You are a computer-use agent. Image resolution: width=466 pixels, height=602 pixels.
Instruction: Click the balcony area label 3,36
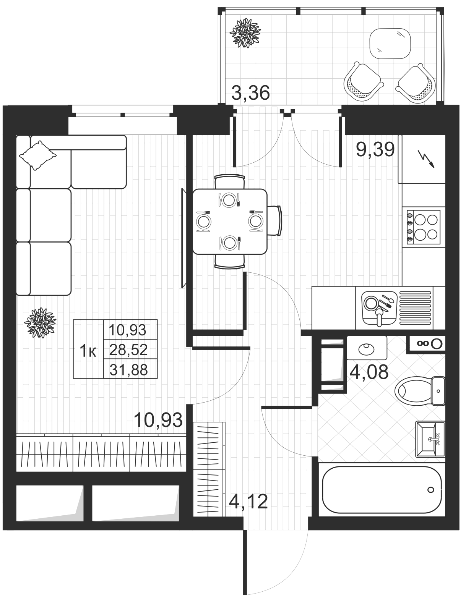(x=250, y=93)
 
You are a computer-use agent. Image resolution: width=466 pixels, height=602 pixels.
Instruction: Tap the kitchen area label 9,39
(x=375, y=150)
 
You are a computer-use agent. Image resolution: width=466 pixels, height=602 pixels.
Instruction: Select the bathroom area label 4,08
(x=369, y=372)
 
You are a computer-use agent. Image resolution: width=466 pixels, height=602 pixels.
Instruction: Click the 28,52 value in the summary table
(x=128, y=350)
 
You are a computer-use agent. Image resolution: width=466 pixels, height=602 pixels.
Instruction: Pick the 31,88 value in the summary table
(x=128, y=370)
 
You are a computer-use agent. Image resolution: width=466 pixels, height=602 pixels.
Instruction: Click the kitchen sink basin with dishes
(x=379, y=308)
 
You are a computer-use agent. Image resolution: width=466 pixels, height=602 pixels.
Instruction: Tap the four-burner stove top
(x=423, y=227)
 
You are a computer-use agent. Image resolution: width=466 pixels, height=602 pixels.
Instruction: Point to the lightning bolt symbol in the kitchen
(x=428, y=160)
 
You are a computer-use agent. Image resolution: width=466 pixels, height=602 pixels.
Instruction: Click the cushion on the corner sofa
(x=38, y=155)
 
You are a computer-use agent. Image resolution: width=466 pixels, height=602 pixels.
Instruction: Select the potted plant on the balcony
(x=245, y=33)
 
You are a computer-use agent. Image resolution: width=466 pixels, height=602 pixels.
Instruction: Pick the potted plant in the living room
(x=40, y=323)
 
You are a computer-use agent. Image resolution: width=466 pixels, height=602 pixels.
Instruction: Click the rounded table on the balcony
(x=390, y=43)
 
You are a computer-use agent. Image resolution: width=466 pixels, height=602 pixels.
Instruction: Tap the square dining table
(x=230, y=222)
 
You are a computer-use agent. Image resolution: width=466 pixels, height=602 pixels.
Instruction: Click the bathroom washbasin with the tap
(x=430, y=439)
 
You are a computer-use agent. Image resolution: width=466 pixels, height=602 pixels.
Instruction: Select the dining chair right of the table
(x=274, y=221)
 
